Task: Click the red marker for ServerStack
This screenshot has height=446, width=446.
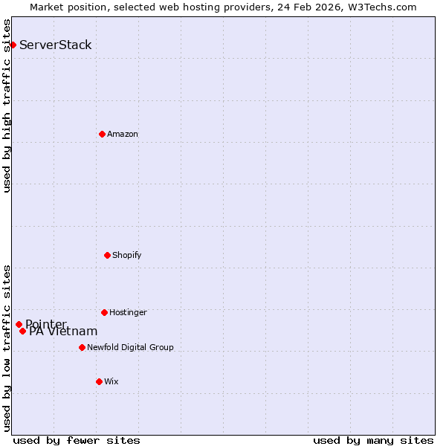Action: pyautogui.click(x=13, y=45)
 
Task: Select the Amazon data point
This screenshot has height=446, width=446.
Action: pyautogui.click(x=102, y=134)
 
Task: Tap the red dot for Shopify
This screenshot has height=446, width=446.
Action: pyautogui.click(x=107, y=255)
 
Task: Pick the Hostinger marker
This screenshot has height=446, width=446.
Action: pyautogui.click(x=104, y=312)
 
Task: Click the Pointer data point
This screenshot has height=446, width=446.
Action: pyautogui.click(x=19, y=324)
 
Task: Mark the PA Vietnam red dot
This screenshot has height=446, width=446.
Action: pyautogui.click(x=22, y=331)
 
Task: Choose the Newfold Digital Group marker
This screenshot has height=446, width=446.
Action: pyautogui.click(x=82, y=347)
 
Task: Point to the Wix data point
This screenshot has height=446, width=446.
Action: pyautogui.click(x=99, y=381)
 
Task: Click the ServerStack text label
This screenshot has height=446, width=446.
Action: pyautogui.click(x=56, y=45)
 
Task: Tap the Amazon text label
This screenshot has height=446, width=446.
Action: pyautogui.click(x=123, y=134)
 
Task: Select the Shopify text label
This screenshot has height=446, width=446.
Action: pyautogui.click(x=127, y=255)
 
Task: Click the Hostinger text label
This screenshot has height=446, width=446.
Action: pyautogui.click(x=128, y=312)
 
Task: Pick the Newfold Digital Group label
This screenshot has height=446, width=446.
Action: pyautogui.click(x=130, y=347)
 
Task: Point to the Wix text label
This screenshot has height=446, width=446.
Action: pyautogui.click(x=111, y=381)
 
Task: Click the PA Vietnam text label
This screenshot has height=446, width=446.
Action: pyautogui.click(x=63, y=332)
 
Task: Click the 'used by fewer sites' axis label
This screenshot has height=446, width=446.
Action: pyautogui.click(x=77, y=440)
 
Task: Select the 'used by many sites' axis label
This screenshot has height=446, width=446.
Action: pyautogui.click(x=373, y=440)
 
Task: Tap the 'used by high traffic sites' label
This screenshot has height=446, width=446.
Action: pyautogui.click(x=7, y=106)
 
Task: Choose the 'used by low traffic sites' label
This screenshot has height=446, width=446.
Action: pyautogui.click(x=7, y=348)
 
